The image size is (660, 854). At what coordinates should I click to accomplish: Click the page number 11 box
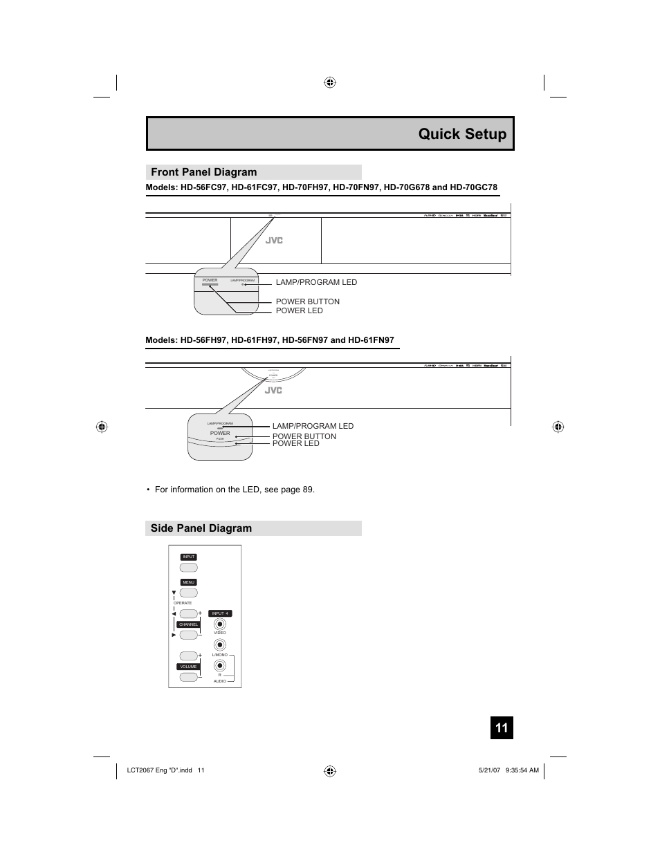(x=502, y=728)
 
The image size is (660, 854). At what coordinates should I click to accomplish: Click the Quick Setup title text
(x=462, y=134)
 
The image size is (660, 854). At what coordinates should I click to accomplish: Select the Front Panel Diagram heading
(x=203, y=172)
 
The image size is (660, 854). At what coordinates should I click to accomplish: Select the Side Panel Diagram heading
(x=201, y=528)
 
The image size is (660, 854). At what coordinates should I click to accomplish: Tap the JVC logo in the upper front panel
(x=274, y=241)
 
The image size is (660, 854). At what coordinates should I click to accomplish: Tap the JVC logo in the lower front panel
(x=274, y=390)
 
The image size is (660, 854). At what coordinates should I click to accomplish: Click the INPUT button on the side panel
(x=189, y=568)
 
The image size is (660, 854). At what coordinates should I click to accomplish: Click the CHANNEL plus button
(x=187, y=613)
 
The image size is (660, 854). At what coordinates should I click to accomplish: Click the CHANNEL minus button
(x=188, y=635)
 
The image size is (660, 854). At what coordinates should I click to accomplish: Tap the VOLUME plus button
(x=187, y=656)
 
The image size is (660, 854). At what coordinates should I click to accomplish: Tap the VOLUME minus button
(x=188, y=677)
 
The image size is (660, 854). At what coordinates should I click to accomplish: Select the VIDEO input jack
(x=220, y=624)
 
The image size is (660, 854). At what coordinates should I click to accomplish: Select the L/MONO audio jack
(x=220, y=645)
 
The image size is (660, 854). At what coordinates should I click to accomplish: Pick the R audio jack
(x=220, y=666)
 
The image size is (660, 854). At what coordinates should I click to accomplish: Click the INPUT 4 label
(x=220, y=613)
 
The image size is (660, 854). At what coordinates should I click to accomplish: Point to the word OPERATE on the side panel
(x=183, y=603)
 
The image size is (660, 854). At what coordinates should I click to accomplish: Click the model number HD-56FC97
(x=204, y=187)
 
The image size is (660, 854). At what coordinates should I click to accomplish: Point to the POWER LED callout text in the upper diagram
(x=299, y=311)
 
